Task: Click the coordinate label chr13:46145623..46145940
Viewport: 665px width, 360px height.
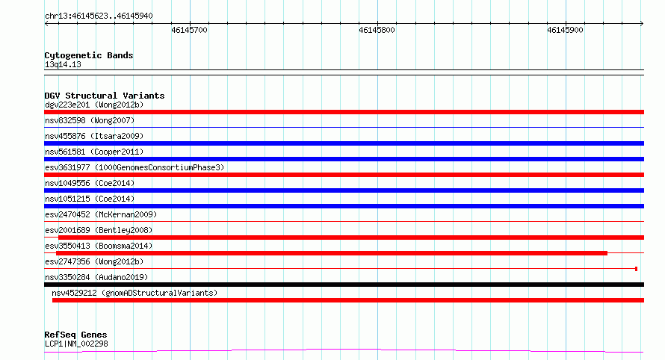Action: tap(99, 16)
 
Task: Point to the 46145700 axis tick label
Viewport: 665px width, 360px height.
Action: tap(189, 30)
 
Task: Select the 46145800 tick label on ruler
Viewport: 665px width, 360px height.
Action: tap(377, 30)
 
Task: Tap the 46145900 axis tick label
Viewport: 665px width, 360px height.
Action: tap(565, 30)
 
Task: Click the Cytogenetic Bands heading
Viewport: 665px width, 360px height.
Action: tap(89, 55)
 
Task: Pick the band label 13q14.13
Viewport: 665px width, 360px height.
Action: tap(63, 65)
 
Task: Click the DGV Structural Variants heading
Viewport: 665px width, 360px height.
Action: tap(105, 96)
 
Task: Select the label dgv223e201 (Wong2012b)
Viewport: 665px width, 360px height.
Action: tap(94, 105)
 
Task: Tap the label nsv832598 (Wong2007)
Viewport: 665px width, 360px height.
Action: tap(90, 120)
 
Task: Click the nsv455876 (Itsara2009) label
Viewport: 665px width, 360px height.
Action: tap(94, 136)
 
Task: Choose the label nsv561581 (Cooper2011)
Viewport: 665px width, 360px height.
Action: tap(94, 152)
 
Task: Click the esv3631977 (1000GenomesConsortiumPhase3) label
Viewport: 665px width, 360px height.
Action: tap(134, 167)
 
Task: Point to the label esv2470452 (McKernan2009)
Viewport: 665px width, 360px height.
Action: tap(101, 214)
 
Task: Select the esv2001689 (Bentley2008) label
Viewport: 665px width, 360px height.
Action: tap(99, 230)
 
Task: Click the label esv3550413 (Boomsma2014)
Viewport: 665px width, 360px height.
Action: tap(99, 246)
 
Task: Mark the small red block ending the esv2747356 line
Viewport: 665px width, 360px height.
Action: tap(636, 269)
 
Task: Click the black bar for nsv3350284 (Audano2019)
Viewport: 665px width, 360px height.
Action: tap(344, 285)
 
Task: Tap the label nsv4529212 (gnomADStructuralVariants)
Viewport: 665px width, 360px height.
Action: tap(134, 293)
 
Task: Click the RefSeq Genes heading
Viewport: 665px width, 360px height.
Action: tap(75, 335)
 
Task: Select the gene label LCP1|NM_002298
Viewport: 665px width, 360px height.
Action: tap(76, 344)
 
